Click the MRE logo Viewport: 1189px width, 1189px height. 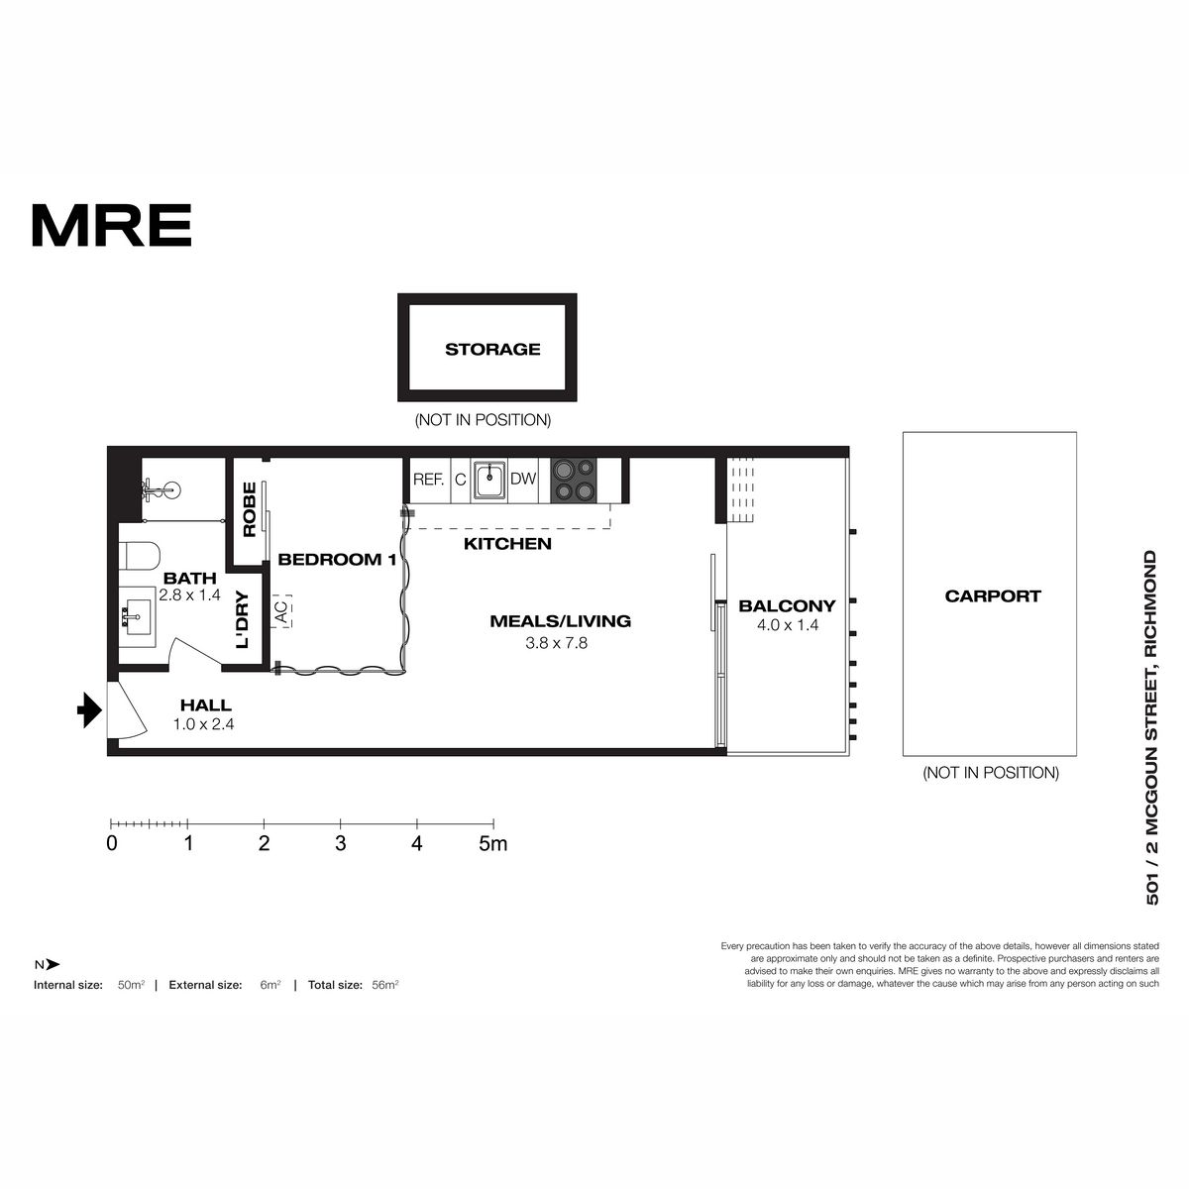coord(112,225)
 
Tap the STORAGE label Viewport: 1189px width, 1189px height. coord(492,349)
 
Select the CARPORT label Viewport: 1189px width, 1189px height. coord(993,596)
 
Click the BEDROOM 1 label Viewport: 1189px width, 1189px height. coord(337,560)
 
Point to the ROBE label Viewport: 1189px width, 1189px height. coord(250,509)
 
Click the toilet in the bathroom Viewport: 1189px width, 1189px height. coord(139,555)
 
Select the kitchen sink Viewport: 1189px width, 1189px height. coord(489,480)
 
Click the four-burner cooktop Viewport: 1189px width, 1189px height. coord(574,480)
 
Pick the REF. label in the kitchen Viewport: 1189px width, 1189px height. coord(429,480)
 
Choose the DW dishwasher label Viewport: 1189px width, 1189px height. coord(523,479)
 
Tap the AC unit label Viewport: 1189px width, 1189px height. coord(280,611)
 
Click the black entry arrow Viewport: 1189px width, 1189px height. coord(89,710)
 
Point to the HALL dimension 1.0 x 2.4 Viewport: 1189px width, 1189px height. coord(204,724)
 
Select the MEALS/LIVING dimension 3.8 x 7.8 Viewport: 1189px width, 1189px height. coord(557,643)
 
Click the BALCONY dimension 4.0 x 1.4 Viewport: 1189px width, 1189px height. coord(788,625)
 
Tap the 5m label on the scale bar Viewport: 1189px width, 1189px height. coord(493,843)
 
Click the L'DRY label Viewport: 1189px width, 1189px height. coord(243,620)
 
